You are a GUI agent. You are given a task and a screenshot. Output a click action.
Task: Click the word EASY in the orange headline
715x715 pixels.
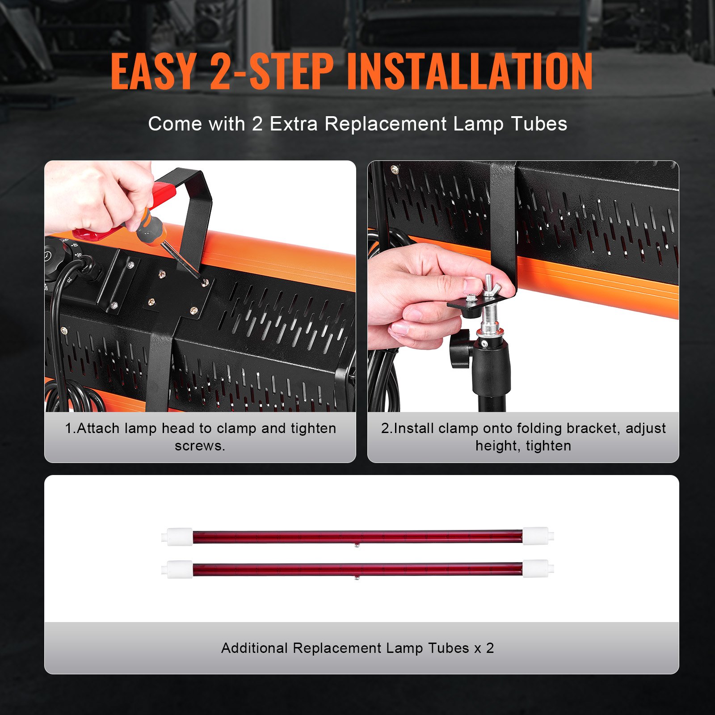pyautogui.click(x=153, y=71)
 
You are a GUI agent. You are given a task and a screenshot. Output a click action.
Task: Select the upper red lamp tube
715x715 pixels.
pyautogui.click(x=357, y=536)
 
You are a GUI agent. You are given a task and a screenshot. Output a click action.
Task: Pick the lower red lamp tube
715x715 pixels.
pyautogui.click(x=357, y=569)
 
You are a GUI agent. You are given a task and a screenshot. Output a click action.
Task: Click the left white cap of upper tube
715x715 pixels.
pyautogui.click(x=179, y=536)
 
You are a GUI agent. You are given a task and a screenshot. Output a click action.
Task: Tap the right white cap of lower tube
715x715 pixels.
pyautogui.click(x=536, y=569)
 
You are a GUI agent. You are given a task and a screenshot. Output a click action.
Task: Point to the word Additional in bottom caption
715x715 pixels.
pyautogui.click(x=254, y=648)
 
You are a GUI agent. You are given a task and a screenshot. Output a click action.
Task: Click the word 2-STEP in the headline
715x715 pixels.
pyautogui.click(x=272, y=71)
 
